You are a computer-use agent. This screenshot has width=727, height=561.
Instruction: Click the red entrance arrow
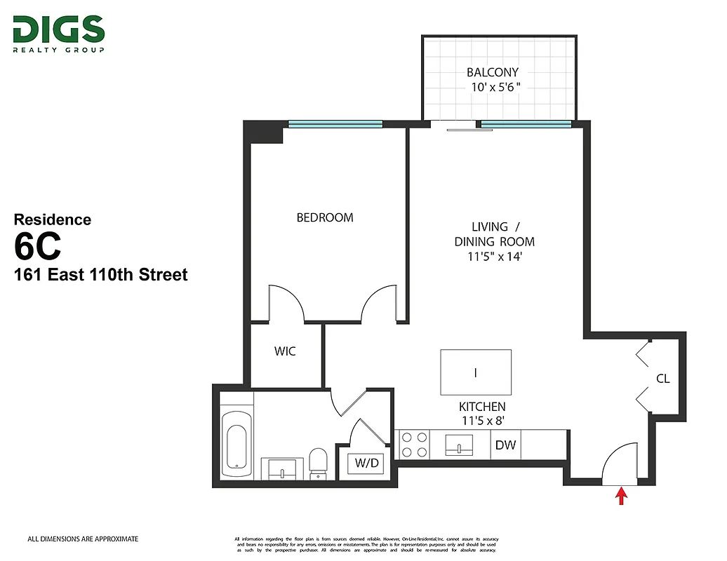click(x=620, y=496)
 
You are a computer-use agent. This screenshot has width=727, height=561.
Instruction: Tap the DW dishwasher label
click(x=505, y=445)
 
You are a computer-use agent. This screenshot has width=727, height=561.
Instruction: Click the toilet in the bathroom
click(x=318, y=463)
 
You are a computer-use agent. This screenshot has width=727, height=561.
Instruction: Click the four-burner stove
click(x=413, y=445)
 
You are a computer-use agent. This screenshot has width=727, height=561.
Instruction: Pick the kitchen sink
click(x=459, y=445)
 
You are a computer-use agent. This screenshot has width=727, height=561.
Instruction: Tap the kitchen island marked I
click(x=475, y=373)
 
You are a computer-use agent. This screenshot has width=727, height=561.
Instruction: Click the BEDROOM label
click(x=325, y=217)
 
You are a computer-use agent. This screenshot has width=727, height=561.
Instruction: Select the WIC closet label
click(x=285, y=351)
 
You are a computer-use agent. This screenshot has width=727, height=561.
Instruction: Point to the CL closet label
click(x=662, y=379)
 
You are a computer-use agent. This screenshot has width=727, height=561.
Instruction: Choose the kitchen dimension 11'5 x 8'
click(x=482, y=421)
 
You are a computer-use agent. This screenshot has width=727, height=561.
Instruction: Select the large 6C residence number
click(x=38, y=246)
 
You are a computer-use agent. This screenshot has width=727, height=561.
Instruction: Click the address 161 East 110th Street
click(x=101, y=274)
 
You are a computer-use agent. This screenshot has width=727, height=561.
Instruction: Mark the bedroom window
click(x=335, y=124)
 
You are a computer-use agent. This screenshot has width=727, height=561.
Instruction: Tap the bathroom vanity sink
click(x=283, y=467)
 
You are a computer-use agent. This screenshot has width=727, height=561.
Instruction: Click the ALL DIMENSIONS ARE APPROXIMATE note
click(x=83, y=539)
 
